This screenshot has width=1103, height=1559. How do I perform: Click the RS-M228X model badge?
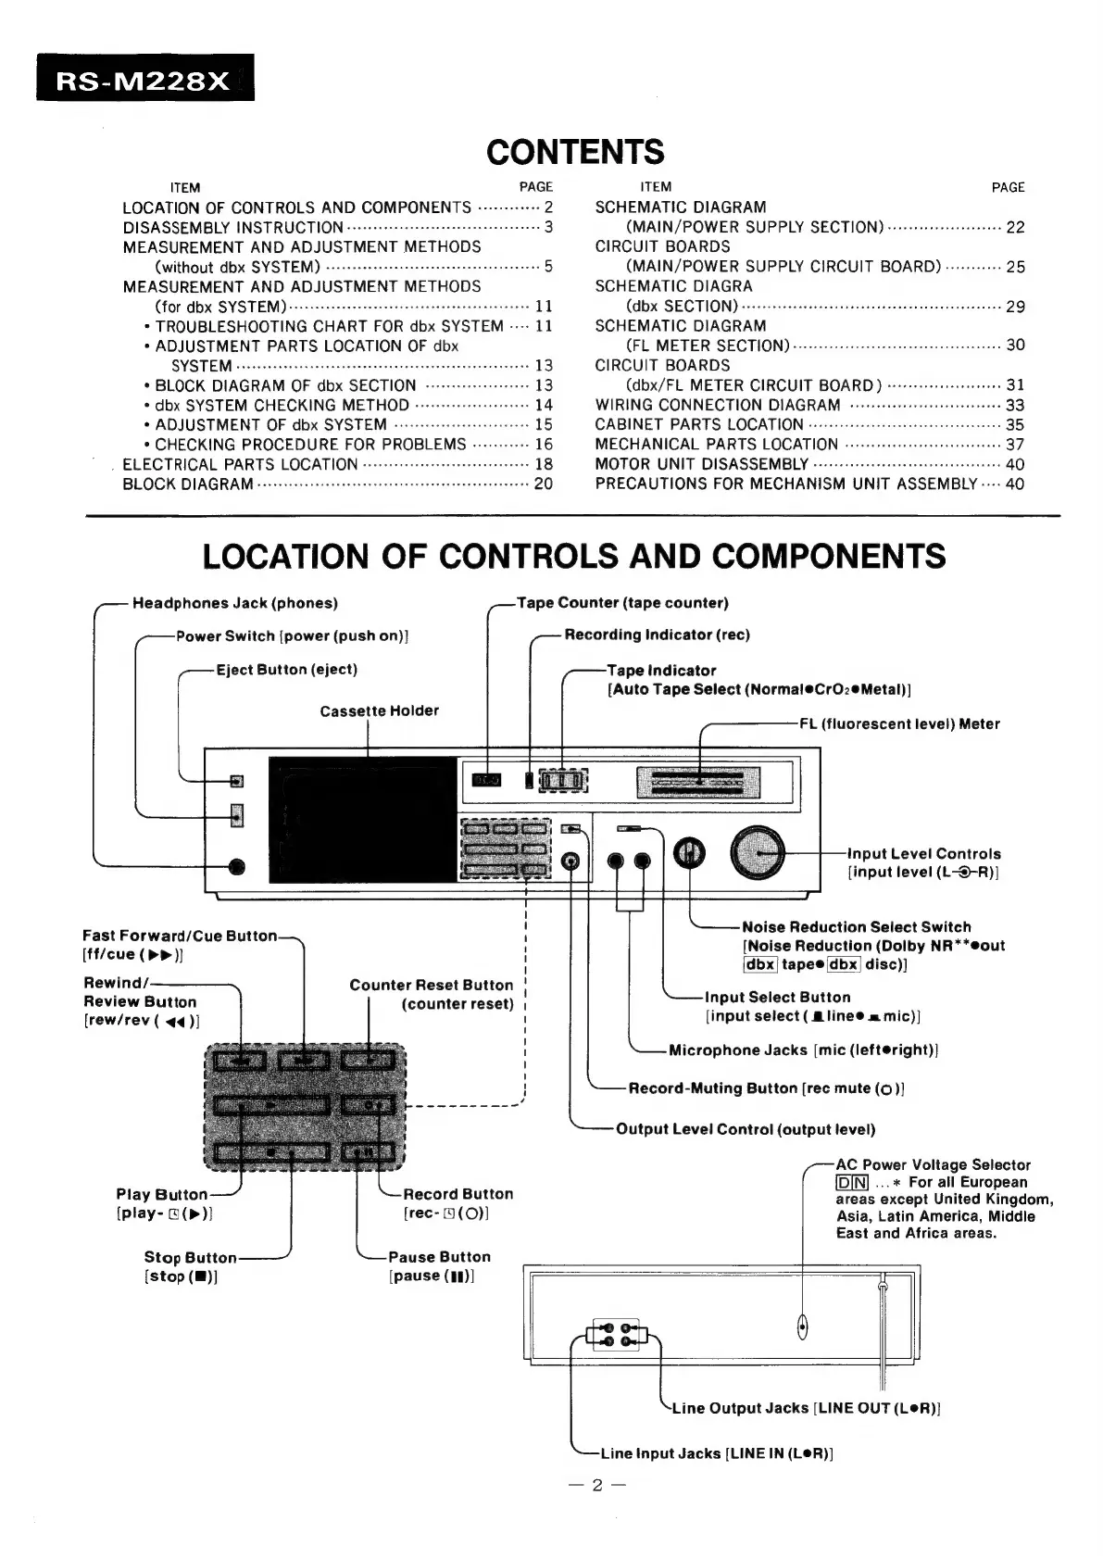tap(144, 80)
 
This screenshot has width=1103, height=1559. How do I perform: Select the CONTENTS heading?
tap(575, 152)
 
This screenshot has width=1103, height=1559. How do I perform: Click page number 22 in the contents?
tap(1015, 227)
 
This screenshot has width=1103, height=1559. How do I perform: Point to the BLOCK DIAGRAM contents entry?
tap(188, 484)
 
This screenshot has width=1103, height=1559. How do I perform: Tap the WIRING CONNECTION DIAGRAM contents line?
tap(718, 405)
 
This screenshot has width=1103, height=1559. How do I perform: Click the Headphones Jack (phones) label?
tap(235, 603)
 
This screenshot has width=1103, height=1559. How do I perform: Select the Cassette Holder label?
tap(379, 710)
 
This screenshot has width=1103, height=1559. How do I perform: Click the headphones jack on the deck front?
tap(237, 866)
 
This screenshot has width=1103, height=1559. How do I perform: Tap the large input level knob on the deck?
tap(758, 851)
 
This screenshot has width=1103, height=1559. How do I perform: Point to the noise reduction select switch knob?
tap(688, 852)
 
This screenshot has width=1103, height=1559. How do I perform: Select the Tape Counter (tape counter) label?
tap(622, 603)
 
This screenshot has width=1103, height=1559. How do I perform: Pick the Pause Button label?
tap(439, 1257)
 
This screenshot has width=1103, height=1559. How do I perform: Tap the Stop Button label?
tap(190, 1257)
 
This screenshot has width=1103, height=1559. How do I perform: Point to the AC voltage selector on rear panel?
tap(802, 1326)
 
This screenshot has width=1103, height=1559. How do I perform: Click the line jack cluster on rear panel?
tap(616, 1335)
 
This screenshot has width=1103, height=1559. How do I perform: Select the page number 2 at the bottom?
tap(597, 1485)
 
